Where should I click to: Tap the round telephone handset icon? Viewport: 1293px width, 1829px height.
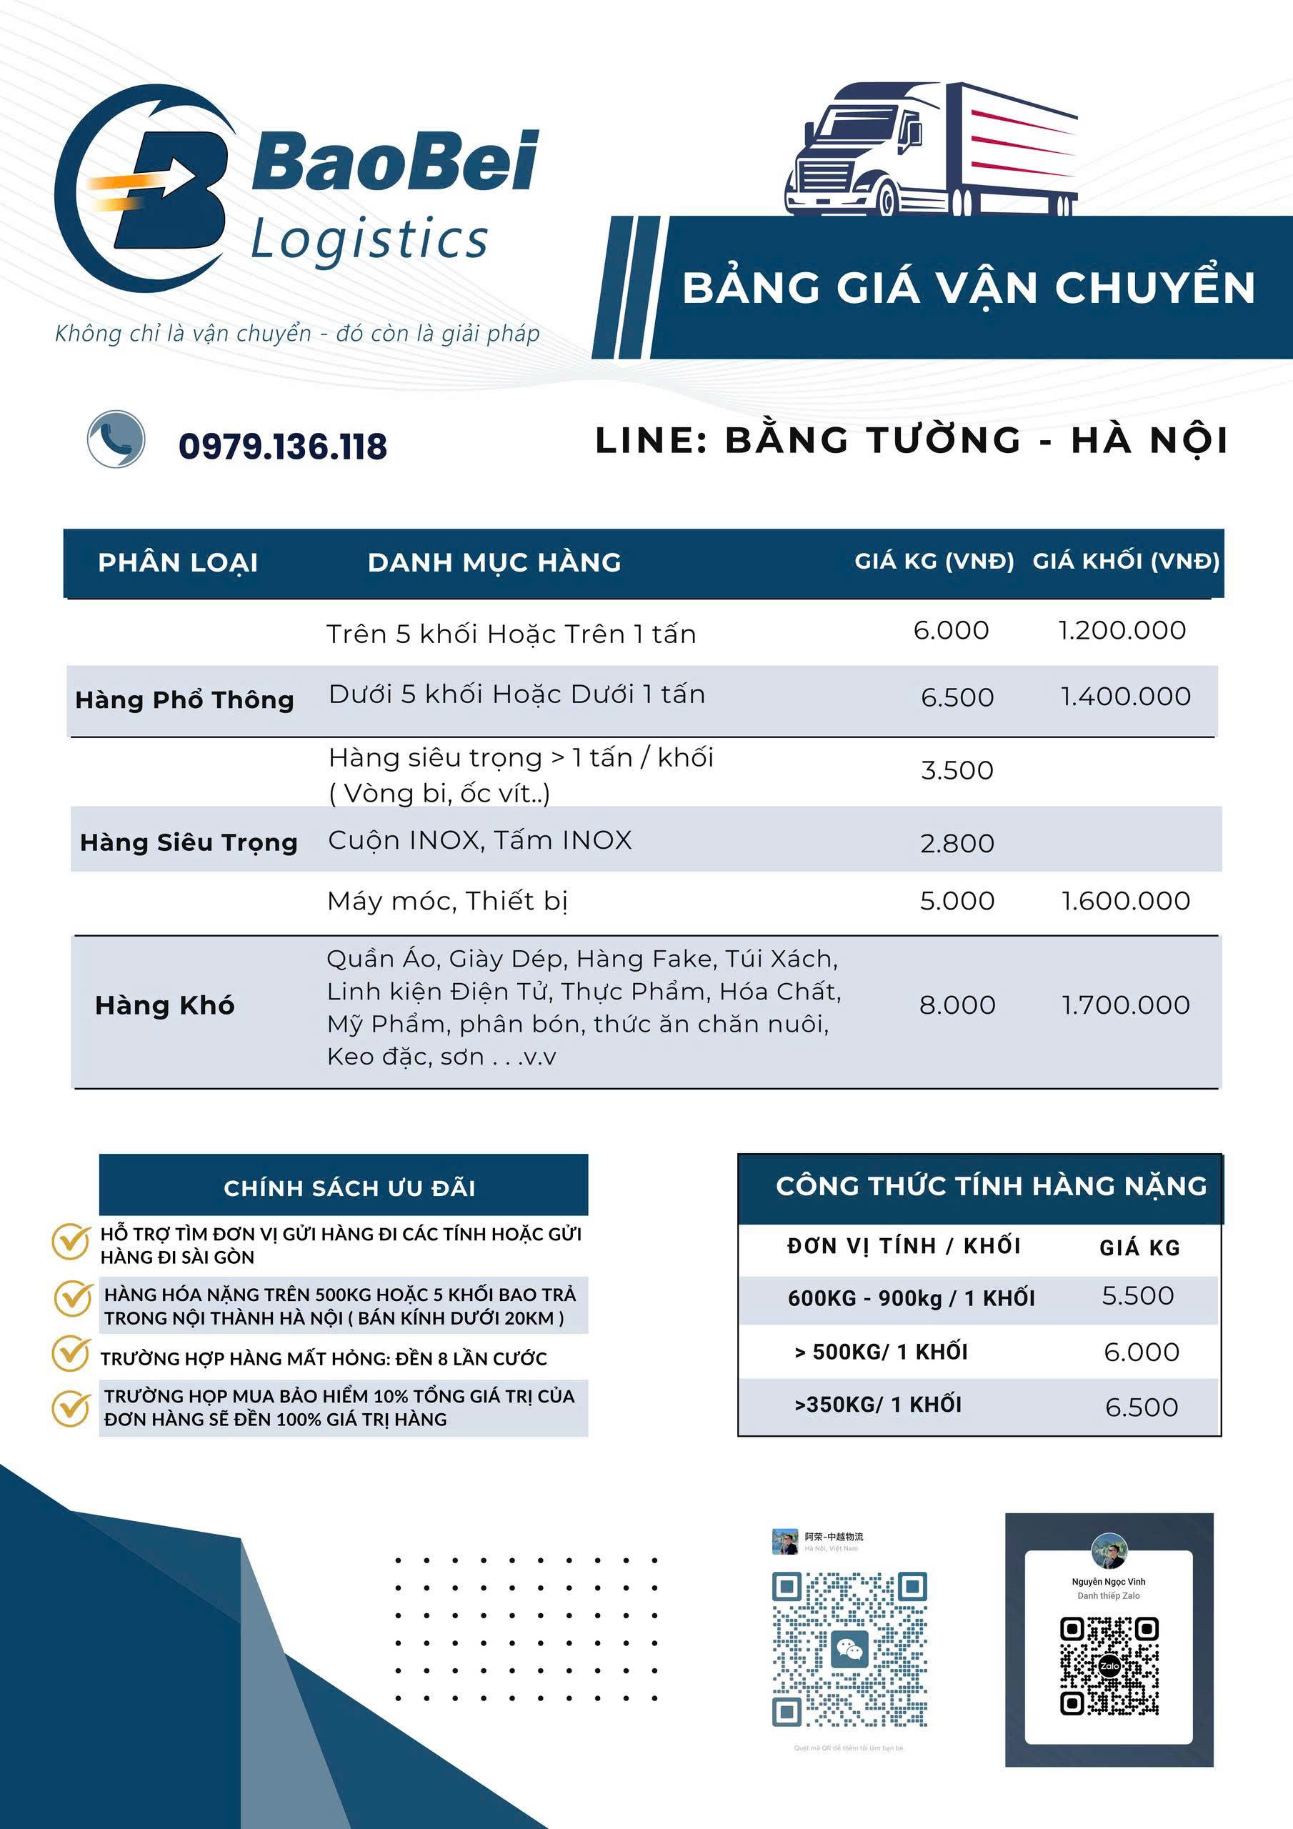(116, 439)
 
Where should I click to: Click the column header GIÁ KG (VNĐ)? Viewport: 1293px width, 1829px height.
(934, 562)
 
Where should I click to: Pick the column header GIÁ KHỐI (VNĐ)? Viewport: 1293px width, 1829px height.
(1126, 562)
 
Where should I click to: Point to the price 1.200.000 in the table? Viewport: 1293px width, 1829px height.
(1122, 631)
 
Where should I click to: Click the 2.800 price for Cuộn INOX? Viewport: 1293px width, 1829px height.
(957, 844)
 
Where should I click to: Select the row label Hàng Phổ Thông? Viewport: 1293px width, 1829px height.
(185, 700)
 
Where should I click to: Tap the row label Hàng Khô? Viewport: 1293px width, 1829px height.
(165, 1005)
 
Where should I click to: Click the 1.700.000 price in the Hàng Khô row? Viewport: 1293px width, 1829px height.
(1126, 1005)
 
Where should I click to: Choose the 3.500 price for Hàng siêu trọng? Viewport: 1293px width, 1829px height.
(957, 770)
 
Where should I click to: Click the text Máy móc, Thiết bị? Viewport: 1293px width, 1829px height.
(447, 901)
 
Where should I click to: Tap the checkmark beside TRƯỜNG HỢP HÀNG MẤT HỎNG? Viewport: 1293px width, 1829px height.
(71, 1354)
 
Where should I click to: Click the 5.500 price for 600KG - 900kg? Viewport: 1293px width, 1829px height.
(1138, 1296)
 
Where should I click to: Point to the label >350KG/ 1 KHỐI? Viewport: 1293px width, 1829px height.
(877, 1405)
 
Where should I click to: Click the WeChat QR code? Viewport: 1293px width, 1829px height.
(849, 1649)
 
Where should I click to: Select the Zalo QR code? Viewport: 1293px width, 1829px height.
(1109, 1665)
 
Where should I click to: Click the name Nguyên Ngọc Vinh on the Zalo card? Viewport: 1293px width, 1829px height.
(1108, 1581)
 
